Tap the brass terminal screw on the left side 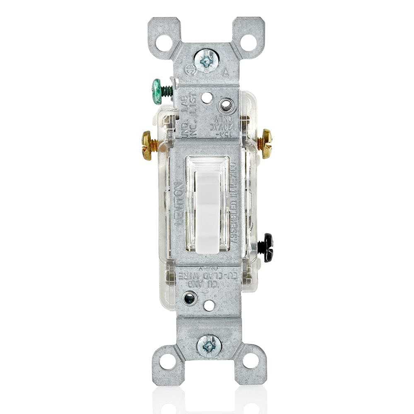pyautogui.click(x=147, y=145)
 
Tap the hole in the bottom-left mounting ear pyautogui.click(x=167, y=361)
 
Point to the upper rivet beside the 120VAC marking pyautogui.click(x=226, y=105)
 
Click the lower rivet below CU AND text pyautogui.click(x=190, y=298)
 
